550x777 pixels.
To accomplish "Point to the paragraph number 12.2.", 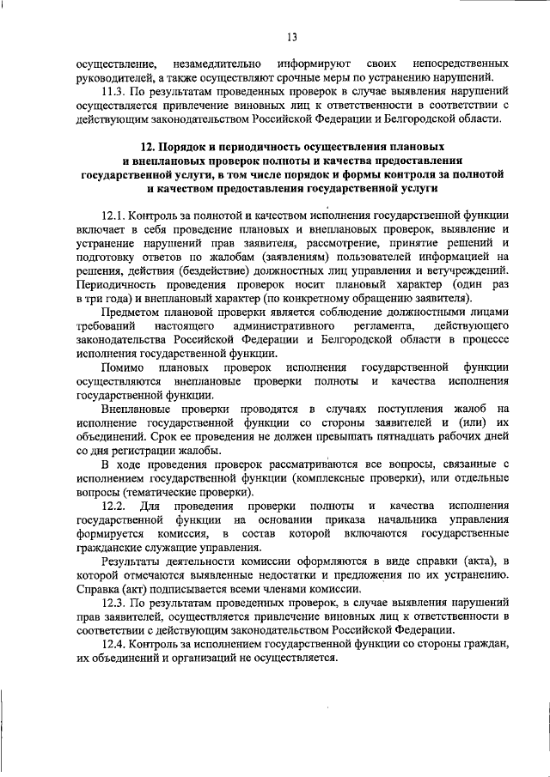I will [x=114, y=506].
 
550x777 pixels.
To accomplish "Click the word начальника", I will [x=412, y=519].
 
